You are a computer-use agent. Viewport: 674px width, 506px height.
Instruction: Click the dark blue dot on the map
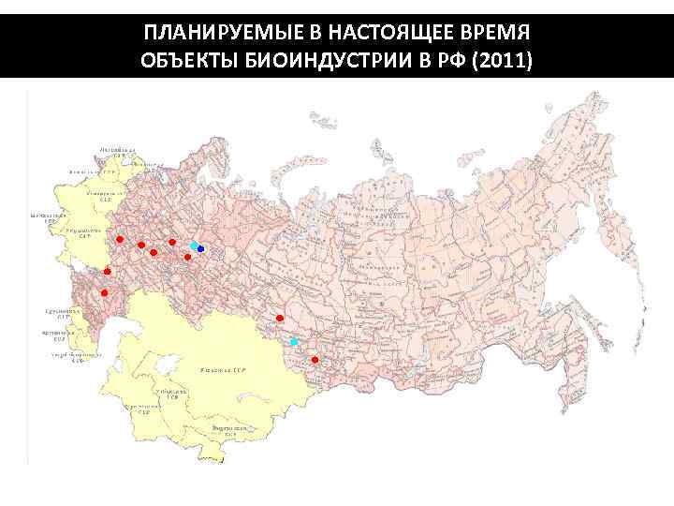(201, 247)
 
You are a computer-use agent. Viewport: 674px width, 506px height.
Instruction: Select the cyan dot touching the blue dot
(194, 246)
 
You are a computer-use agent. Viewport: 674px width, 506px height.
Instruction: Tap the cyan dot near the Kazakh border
(293, 342)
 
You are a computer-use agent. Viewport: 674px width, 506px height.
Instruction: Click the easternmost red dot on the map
(315, 360)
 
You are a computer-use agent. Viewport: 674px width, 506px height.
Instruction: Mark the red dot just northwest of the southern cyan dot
(280, 320)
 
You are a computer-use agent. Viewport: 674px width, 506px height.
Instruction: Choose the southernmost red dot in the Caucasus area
(104, 293)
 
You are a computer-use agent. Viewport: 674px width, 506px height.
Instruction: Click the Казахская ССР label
(221, 371)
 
